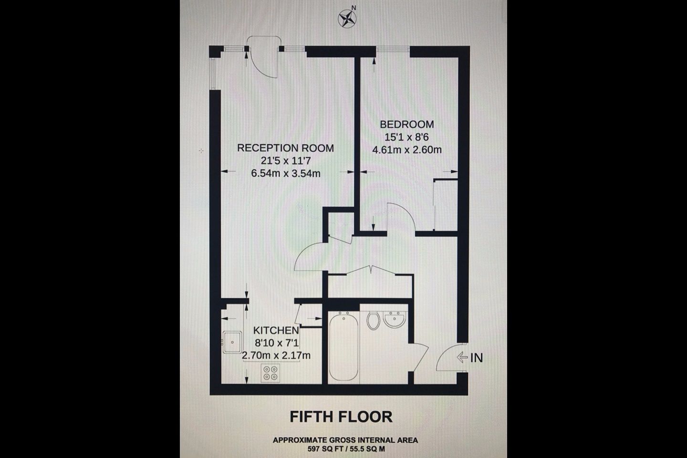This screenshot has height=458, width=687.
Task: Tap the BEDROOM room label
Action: (x=407, y=124)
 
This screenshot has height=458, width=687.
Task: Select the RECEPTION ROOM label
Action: (x=285, y=148)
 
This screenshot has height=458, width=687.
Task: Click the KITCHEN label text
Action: (x=276, y=331)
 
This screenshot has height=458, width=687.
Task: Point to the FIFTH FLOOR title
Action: (x=341, y=417)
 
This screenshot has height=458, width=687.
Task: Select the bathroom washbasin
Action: (x=395, y=320)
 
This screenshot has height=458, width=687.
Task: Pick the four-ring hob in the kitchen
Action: (x=270, y=373)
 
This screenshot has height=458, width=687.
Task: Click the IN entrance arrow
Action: (x=462, y=357)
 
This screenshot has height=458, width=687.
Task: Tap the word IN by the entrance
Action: (x=477, y=358)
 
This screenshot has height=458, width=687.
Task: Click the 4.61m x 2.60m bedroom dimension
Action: (x=407, y=150)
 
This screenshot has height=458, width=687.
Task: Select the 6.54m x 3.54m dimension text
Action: (x=286, y=173)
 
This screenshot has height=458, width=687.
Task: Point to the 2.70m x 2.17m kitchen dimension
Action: (x=276, y=355)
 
